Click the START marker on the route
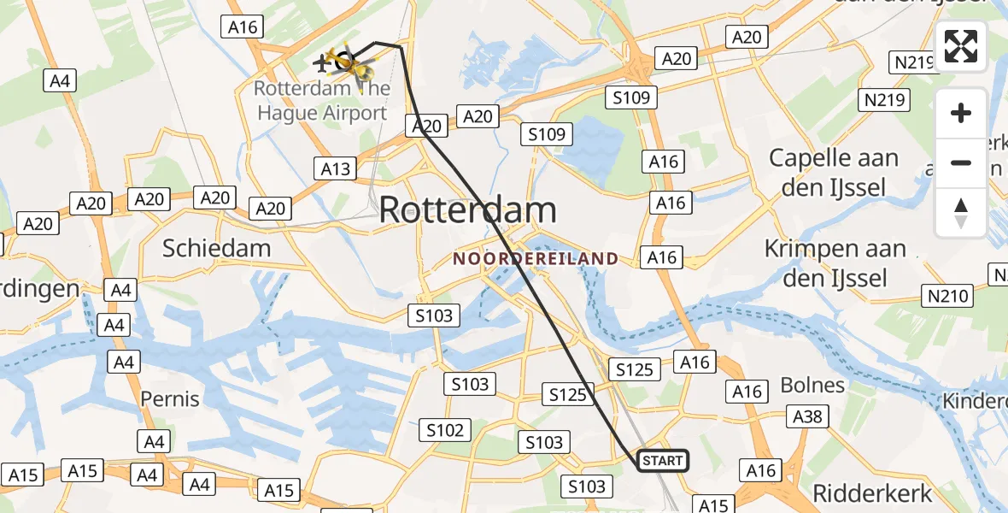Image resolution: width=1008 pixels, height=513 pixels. (663, 462)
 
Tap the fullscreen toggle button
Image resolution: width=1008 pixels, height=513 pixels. (961, 46)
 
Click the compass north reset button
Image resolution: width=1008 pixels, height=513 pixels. (961, 213)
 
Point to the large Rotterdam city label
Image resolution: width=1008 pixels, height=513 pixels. (467, 209)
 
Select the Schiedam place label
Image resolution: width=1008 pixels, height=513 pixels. (217, 248)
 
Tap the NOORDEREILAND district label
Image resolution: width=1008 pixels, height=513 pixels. (536, 258)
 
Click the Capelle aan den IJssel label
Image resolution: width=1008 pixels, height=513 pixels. (834, 172)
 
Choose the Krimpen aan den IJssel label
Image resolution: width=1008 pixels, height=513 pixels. (835, 262)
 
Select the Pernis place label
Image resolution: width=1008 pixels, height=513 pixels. (169, 398)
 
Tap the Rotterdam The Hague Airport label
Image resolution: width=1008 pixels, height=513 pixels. (321, 100)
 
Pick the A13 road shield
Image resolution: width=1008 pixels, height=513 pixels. (335, 168)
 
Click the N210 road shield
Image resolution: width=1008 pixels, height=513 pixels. (946, 297)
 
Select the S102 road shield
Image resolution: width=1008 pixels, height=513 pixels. (445, 430)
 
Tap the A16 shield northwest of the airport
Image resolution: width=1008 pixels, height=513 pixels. (243, 27)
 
